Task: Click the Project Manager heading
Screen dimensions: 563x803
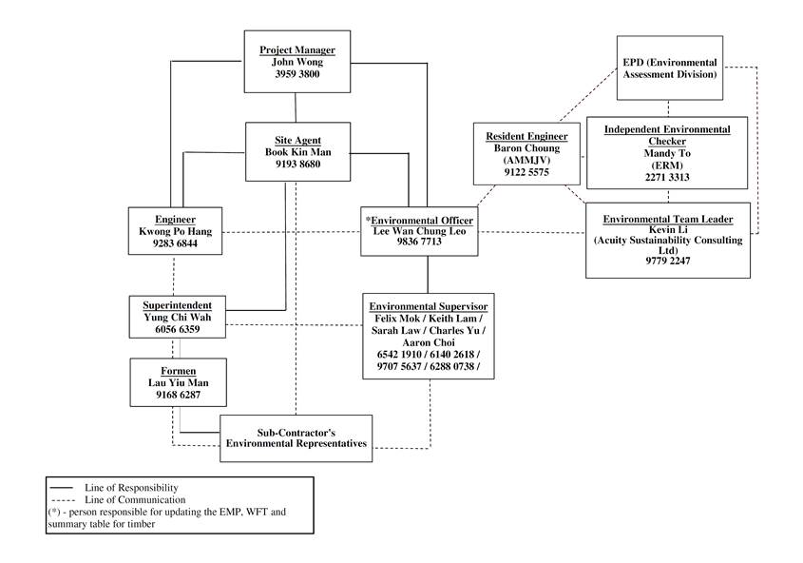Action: point(297,49)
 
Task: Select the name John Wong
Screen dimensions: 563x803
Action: point(297,62)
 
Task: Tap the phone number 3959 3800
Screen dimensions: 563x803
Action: point(297,74)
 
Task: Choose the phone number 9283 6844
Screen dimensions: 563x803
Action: point(175,243)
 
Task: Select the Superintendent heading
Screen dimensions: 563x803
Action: point(178,305)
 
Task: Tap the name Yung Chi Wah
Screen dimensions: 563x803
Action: point(178,318)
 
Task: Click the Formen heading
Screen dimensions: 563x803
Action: point(179,369)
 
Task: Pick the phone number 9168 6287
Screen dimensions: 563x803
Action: point(179,394)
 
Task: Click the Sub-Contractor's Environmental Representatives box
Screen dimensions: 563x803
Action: point(296,438)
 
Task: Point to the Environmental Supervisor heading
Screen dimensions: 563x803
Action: point(428,305)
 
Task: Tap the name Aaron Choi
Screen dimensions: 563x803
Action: point(428,342)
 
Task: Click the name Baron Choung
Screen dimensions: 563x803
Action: point(512,148)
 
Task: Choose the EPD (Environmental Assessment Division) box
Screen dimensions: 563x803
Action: point(669,68)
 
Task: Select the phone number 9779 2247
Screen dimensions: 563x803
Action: point(667,260)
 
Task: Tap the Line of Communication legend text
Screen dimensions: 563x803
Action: point(134,498)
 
